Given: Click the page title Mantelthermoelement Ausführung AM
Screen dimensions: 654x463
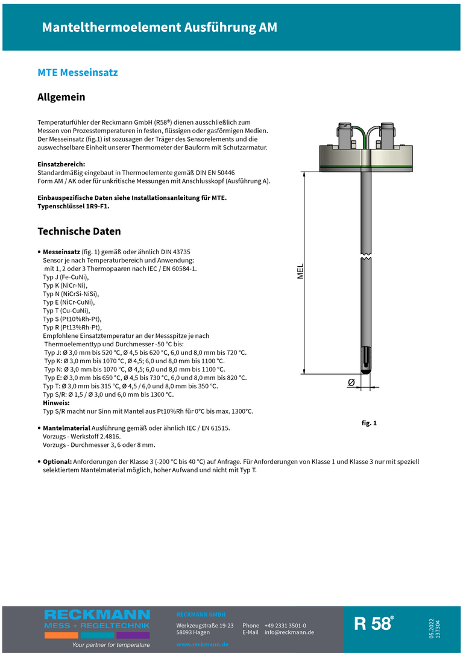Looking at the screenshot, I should click(160, 28).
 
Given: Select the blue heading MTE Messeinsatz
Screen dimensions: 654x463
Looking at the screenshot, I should click(78, 73).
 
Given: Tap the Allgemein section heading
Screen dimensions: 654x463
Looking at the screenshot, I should click(61, 97).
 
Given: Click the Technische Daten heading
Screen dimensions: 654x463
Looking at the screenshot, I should click(79, 231).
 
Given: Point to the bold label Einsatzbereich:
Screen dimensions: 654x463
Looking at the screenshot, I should click(61, 164).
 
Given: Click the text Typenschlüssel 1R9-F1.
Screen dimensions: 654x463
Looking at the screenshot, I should click(74, 206).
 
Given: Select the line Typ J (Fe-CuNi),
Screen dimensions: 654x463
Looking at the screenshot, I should click(66, 277).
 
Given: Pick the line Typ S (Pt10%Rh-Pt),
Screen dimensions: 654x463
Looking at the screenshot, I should click(72, 319).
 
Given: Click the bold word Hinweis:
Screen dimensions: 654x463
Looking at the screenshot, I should click(56, 402).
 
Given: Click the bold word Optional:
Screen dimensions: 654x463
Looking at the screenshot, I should click(57, 461).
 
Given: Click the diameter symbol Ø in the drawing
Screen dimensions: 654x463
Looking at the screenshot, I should click(351, 382).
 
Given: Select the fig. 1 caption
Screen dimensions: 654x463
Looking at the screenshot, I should click(369, 423).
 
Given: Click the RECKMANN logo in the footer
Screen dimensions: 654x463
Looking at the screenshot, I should click(97, 615).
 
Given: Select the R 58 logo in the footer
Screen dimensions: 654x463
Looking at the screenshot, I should click(374, 624).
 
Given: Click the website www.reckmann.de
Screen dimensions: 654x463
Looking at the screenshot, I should click(203, 644).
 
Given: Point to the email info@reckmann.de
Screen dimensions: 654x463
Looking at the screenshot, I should click(289, 632).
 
